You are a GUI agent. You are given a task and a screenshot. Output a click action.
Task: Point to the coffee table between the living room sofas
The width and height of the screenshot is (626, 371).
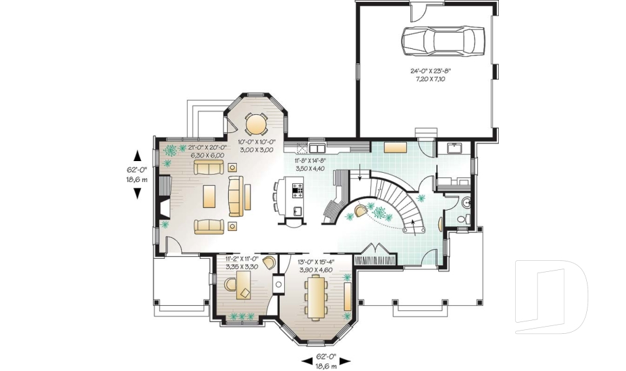209,194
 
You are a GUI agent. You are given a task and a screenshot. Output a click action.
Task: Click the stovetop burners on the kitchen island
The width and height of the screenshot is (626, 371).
297,190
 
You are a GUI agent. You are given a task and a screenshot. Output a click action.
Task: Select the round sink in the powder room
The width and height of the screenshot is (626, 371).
466,203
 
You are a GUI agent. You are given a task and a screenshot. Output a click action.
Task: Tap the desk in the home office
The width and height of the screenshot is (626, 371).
243,286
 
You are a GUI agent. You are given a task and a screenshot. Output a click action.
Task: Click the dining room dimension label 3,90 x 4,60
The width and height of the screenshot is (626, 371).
316,269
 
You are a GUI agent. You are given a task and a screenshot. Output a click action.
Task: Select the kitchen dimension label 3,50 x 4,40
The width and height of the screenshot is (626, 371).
310,167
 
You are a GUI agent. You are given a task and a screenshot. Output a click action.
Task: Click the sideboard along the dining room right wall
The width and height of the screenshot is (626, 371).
347,296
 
